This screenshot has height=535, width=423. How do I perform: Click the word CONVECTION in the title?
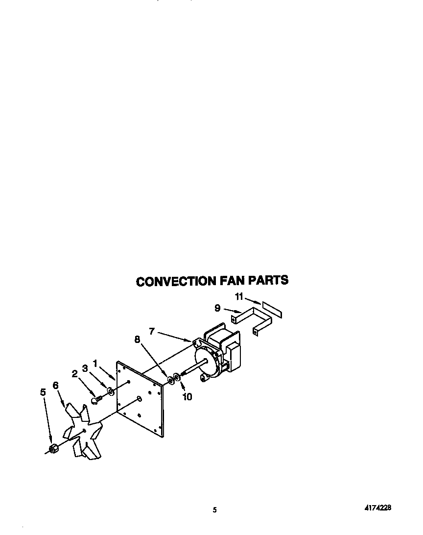[176, 281]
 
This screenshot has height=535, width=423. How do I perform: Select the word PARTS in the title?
[268, 280]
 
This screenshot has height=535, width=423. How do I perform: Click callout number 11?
[239, 296]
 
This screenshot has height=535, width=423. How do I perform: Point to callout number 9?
[217, 308]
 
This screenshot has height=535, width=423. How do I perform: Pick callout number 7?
[152, 332]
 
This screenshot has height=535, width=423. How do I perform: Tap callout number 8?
[137, 339]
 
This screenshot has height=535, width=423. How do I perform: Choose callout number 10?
[188, 397]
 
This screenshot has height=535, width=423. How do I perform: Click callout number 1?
[96, 363]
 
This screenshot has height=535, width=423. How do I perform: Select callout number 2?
[75, 374]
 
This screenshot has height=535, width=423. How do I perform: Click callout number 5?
[43, 392]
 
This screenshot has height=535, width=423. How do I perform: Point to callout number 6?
[55, 386]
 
